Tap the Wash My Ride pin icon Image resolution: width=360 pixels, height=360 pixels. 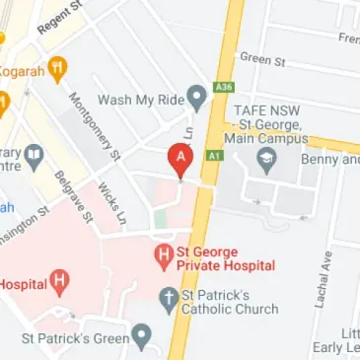[x=196, y=98]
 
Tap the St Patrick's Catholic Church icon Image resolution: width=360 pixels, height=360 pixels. [x=169, y=297]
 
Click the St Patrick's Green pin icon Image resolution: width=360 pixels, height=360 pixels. [x=143, y=338]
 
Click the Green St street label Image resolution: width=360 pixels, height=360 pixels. [x=261, y=58]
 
